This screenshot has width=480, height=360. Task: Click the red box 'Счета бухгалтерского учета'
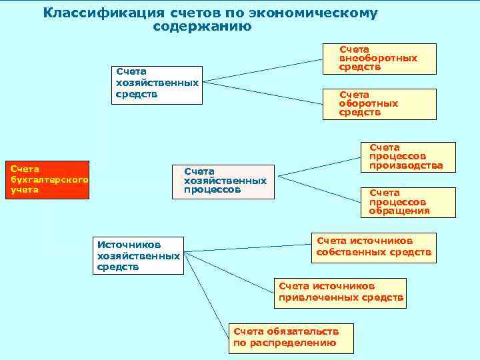click(46, 180)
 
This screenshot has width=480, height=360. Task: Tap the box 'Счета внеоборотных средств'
click(379, 59)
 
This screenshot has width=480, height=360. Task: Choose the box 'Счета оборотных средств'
click(379, 104)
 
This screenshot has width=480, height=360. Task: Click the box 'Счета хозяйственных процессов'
click(223, 181)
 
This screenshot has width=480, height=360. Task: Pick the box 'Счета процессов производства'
click(407, 157)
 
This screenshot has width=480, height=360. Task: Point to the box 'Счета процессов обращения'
click(407, 201)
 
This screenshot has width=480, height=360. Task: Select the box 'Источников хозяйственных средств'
click(137, 255)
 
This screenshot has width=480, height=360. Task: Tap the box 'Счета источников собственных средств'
click(374, 247)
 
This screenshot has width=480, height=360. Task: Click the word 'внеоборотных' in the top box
click(378, 58)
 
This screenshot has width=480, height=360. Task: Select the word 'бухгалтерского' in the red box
click(49, 180)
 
